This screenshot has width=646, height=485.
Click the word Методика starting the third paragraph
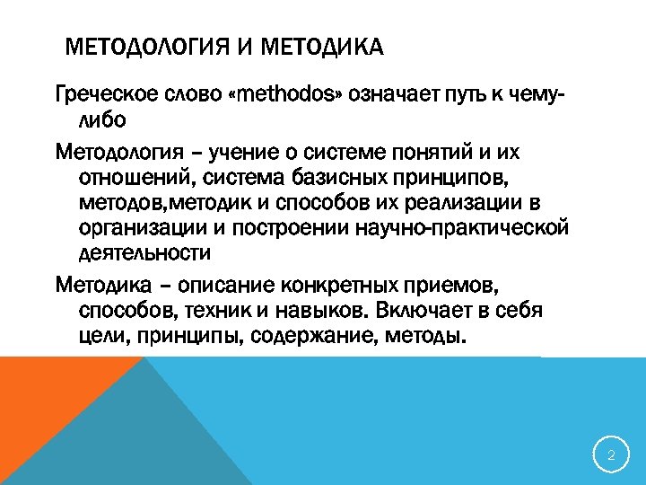(94, 286)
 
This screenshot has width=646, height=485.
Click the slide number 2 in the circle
(610, 456)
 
